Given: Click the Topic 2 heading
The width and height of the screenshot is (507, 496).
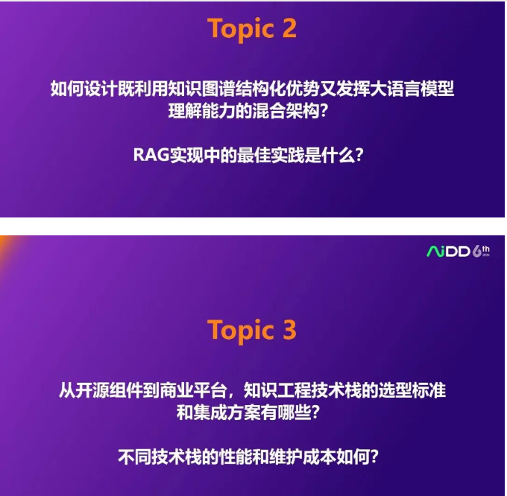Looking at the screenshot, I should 252,28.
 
